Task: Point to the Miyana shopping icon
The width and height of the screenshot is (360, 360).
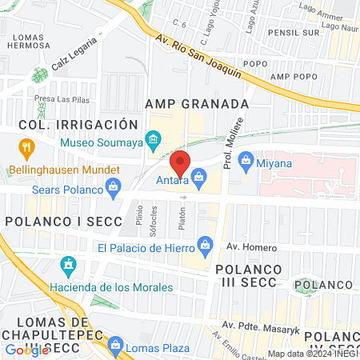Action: (x=246, y=160)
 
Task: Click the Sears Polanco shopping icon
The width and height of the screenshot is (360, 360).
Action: (x=114, y=189)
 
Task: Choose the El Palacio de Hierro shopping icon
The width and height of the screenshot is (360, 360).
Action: (x=206, y=243)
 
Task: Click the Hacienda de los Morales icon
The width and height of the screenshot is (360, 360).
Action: (x=68, y=265)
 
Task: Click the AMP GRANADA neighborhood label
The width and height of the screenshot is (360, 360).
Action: (x=197, y=104)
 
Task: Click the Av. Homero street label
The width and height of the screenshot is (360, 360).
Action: (x=244, y=247)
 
